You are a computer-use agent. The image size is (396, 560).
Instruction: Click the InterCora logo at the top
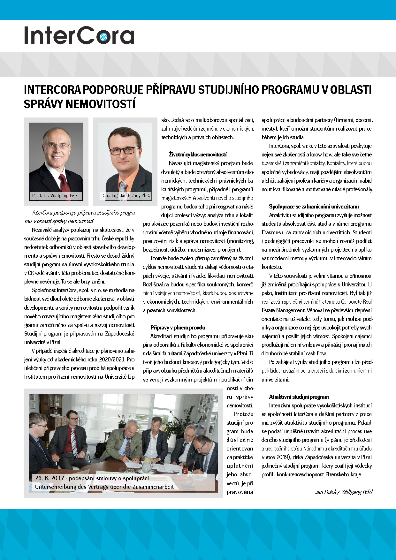point(79,35)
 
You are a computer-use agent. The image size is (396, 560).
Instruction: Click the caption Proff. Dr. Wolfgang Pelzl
point(55,195)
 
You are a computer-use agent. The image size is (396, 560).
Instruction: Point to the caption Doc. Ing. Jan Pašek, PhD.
point(126,195)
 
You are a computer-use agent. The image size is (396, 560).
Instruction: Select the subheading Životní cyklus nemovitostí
point(198,155)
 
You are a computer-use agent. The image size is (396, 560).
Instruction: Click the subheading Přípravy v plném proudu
point(178,328)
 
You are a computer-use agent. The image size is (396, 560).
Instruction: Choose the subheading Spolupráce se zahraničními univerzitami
point(314,207)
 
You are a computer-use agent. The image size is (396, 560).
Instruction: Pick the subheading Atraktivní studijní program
point(299,397)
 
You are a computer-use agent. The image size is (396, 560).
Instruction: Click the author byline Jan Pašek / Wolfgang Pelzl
point(344,492)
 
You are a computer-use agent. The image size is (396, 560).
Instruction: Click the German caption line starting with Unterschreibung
point(104,487)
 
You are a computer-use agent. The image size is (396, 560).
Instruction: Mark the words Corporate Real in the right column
point(356,302)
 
